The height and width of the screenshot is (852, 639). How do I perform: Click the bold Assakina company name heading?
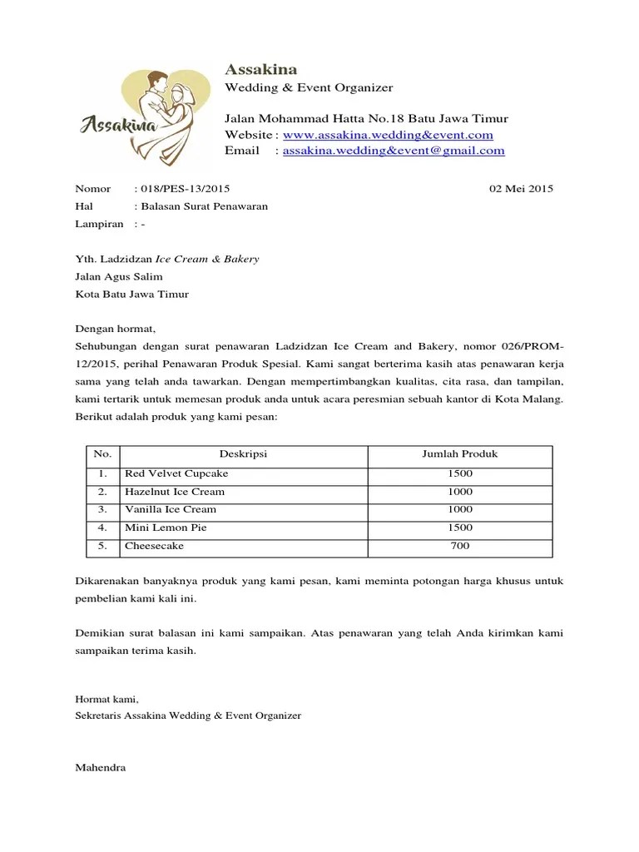pos(260,69)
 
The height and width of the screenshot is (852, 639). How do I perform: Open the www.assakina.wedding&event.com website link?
pos(388,135)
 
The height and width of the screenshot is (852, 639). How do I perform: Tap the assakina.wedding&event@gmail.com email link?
pos(394,151)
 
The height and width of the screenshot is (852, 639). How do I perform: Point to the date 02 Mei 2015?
pos(521,189)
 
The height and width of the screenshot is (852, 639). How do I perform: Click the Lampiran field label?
pos(99,224)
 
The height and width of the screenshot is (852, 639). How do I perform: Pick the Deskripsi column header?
pos(243,454)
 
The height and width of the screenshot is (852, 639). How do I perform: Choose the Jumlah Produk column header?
pos(459,454)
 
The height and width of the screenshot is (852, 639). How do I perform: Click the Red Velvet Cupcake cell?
pos(176,473)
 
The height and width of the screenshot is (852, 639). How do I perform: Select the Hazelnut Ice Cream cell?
pos(175,492)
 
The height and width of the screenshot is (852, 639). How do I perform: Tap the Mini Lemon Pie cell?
pos(166,528)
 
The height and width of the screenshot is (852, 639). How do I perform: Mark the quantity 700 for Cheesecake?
pos(459,546)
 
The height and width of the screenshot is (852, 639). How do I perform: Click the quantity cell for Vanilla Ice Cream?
pos(459,509)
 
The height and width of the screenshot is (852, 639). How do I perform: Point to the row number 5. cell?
pos(102,546)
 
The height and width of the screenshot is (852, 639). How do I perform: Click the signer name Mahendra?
pos(101,767)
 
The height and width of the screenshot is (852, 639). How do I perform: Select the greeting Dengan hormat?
pos(116,329)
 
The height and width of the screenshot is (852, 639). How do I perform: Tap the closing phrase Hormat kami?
pos(107,699)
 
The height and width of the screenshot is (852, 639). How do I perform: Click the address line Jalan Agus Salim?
pos(119,276)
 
